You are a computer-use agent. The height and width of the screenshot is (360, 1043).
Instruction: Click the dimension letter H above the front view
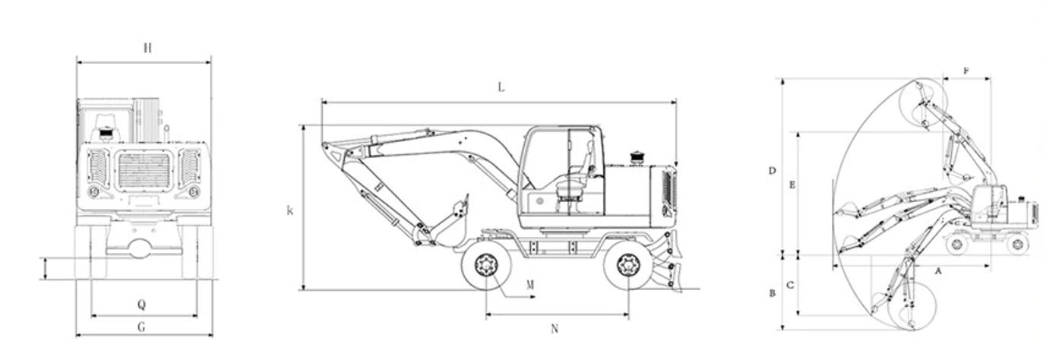[x=147, y=48]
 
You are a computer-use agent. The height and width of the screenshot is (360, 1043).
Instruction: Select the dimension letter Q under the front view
[x=141, y=305]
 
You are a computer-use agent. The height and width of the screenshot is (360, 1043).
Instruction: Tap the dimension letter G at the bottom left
[x=141, y=327]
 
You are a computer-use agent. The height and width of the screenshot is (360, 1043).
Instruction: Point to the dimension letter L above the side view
[x=501, y=87]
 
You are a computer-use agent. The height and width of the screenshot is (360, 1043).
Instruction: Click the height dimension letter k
[x=289, y=210]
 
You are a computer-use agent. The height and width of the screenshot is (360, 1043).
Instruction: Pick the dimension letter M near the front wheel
[x=529, y=285]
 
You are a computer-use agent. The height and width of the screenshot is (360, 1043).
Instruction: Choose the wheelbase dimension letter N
[x=555, y=328]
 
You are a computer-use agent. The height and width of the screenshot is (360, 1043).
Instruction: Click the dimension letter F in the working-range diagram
[x=966, y=71]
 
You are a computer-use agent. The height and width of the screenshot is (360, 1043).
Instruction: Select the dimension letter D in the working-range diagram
[x=772, y=171]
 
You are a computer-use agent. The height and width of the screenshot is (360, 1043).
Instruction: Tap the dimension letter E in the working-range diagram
[x=792, y=185]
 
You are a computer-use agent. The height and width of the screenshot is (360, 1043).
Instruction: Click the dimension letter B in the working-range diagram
[x=772, y=292]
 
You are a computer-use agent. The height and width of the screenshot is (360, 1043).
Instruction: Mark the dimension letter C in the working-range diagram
[x=791, y=286]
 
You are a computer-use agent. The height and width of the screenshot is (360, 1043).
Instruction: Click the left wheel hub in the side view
[x=486, y=265]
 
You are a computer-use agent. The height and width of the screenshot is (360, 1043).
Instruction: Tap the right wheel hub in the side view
[x=628, y=265]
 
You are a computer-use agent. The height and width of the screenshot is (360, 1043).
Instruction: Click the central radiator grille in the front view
[x=144, y=170]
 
